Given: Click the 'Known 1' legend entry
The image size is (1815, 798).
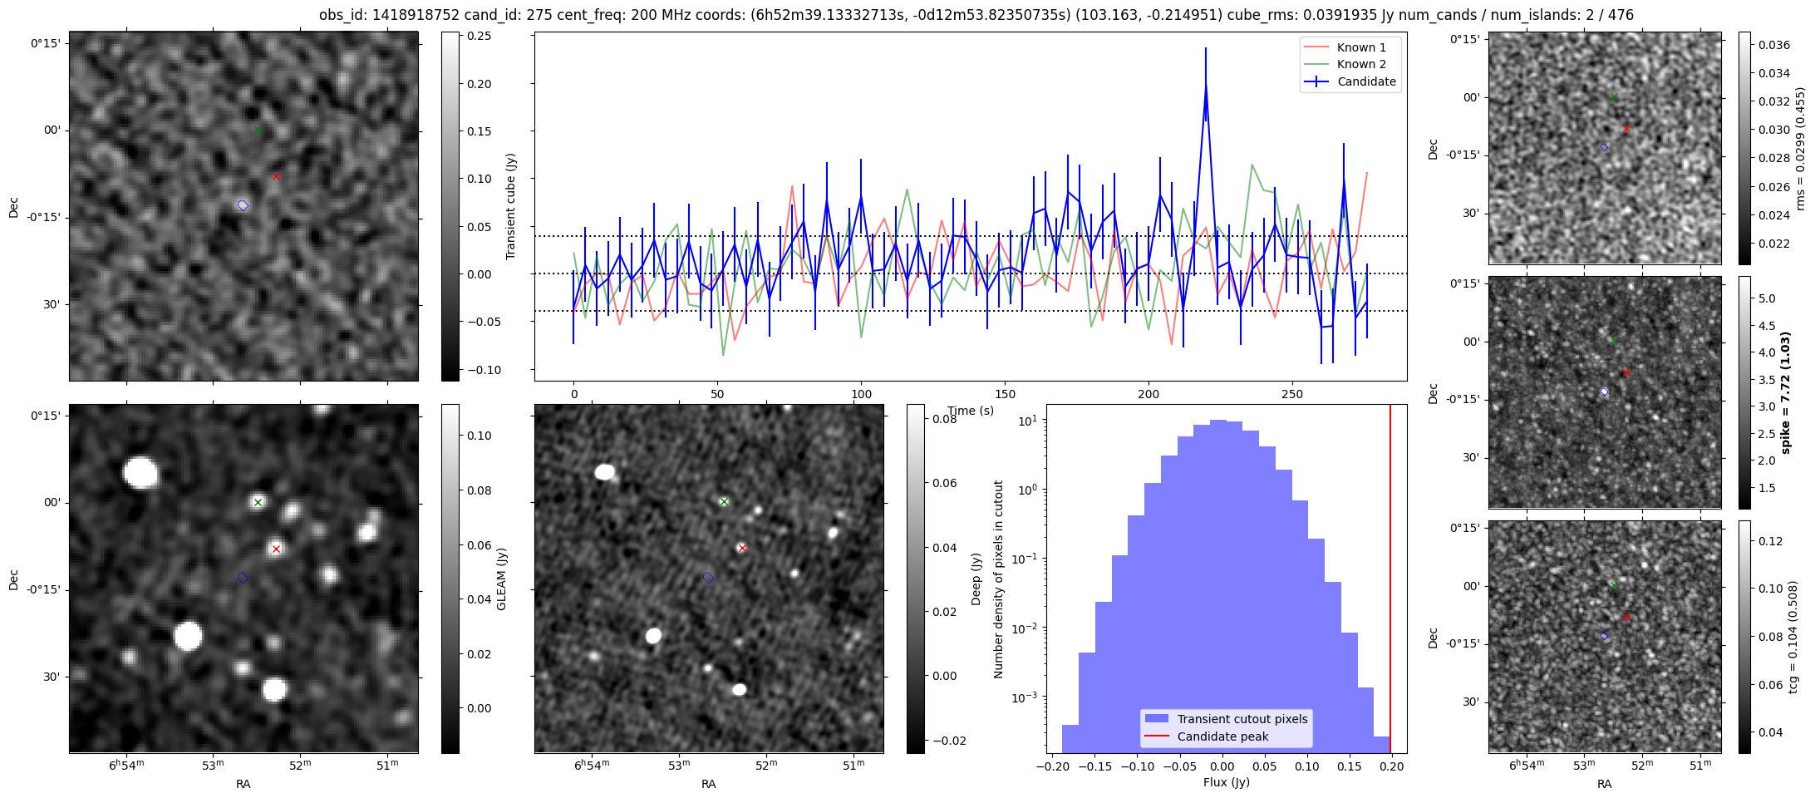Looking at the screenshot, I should point(1360,47).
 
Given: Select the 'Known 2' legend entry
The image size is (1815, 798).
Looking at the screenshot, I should point(1360,64).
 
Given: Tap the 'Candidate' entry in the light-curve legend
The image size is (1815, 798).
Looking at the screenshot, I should point(1366,81).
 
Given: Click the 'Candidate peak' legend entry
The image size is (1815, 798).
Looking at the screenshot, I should point(1222,736).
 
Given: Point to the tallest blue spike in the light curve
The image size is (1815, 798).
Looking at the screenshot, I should point(1205,83).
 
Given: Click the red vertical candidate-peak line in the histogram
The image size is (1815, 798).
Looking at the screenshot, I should point(1390,582).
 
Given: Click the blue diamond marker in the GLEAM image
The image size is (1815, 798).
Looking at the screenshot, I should point(243,578).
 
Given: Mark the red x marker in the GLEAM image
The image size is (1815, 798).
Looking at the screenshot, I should point(276,549).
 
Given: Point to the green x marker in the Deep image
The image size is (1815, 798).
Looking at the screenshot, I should point(724,501).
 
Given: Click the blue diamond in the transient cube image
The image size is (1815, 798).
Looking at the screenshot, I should point(243,205).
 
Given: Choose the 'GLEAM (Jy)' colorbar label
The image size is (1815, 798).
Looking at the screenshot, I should point(501,579).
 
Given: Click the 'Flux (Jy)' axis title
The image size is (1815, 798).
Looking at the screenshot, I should point(1226,782).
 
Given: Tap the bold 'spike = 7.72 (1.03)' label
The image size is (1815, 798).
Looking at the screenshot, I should point(1786,392).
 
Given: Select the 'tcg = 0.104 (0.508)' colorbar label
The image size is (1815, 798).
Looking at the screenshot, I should point(1793,636).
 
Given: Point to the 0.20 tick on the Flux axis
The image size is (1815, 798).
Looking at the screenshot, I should point(1391,766).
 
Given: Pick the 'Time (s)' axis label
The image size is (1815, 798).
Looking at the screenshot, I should point(971,411).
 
